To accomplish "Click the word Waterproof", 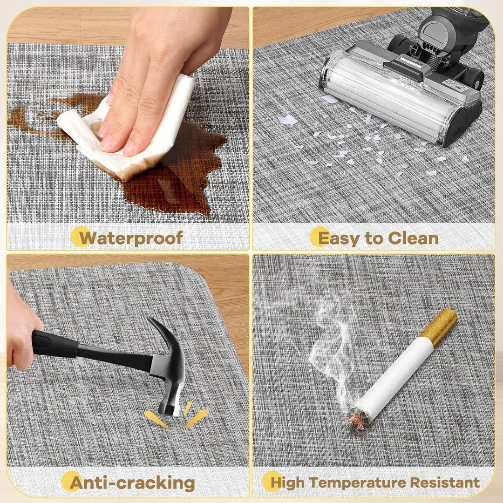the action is point(131,238).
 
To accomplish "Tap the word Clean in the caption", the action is point(413,238).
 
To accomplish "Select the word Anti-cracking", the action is point(132,483).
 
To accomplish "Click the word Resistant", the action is point(445,482).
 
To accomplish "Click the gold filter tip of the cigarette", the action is point(438,326).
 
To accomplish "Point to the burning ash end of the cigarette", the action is point(357,419).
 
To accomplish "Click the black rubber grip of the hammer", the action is point(55,343).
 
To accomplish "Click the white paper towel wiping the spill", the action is point(129,129).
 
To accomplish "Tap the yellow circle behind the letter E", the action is point(319,237).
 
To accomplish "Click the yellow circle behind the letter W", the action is point(81,237).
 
